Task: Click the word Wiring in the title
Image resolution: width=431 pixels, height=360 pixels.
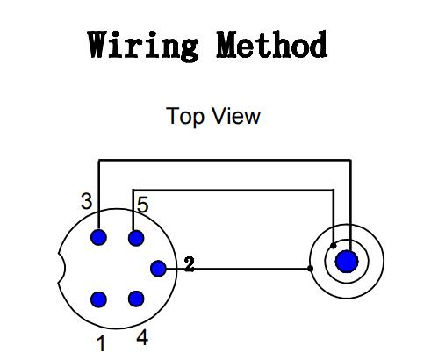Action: tap(143, 46)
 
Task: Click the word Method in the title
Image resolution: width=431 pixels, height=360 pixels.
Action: tap(272, 45)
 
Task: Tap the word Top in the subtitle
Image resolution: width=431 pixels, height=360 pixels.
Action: tap(185, 117)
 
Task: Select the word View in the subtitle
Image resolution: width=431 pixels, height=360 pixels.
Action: tap(237, 116)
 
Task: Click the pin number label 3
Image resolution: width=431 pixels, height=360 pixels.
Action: tap(86, 202)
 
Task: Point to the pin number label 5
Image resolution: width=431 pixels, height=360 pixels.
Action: tap(143, 205)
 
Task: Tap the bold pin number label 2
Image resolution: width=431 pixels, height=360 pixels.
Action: tap(189, 264)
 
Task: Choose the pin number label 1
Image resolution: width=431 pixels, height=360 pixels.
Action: tap(101, 343)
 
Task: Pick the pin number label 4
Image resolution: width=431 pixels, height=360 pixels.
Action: tap(142, 337)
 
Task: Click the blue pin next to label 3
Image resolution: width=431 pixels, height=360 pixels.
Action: tap(98, 237)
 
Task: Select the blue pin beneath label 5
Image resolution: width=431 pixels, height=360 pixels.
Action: tap(136, 238)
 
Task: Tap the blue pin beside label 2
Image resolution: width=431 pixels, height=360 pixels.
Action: tap(158, 268)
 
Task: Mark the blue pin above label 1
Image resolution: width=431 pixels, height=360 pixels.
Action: tap(98, 299)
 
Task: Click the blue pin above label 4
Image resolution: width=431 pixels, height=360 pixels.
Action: tap(136, 299)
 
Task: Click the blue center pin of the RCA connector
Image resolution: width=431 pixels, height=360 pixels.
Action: tap(347, 262)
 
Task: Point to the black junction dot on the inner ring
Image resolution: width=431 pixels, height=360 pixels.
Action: tap(333, 246)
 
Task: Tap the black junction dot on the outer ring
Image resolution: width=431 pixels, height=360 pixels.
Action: tap(311, 269)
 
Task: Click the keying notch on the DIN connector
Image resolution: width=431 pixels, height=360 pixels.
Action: tap(62, 268)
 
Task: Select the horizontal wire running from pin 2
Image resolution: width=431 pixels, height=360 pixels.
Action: tap(238, 269)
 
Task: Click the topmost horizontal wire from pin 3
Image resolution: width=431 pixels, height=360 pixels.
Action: tap(225, 160)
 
